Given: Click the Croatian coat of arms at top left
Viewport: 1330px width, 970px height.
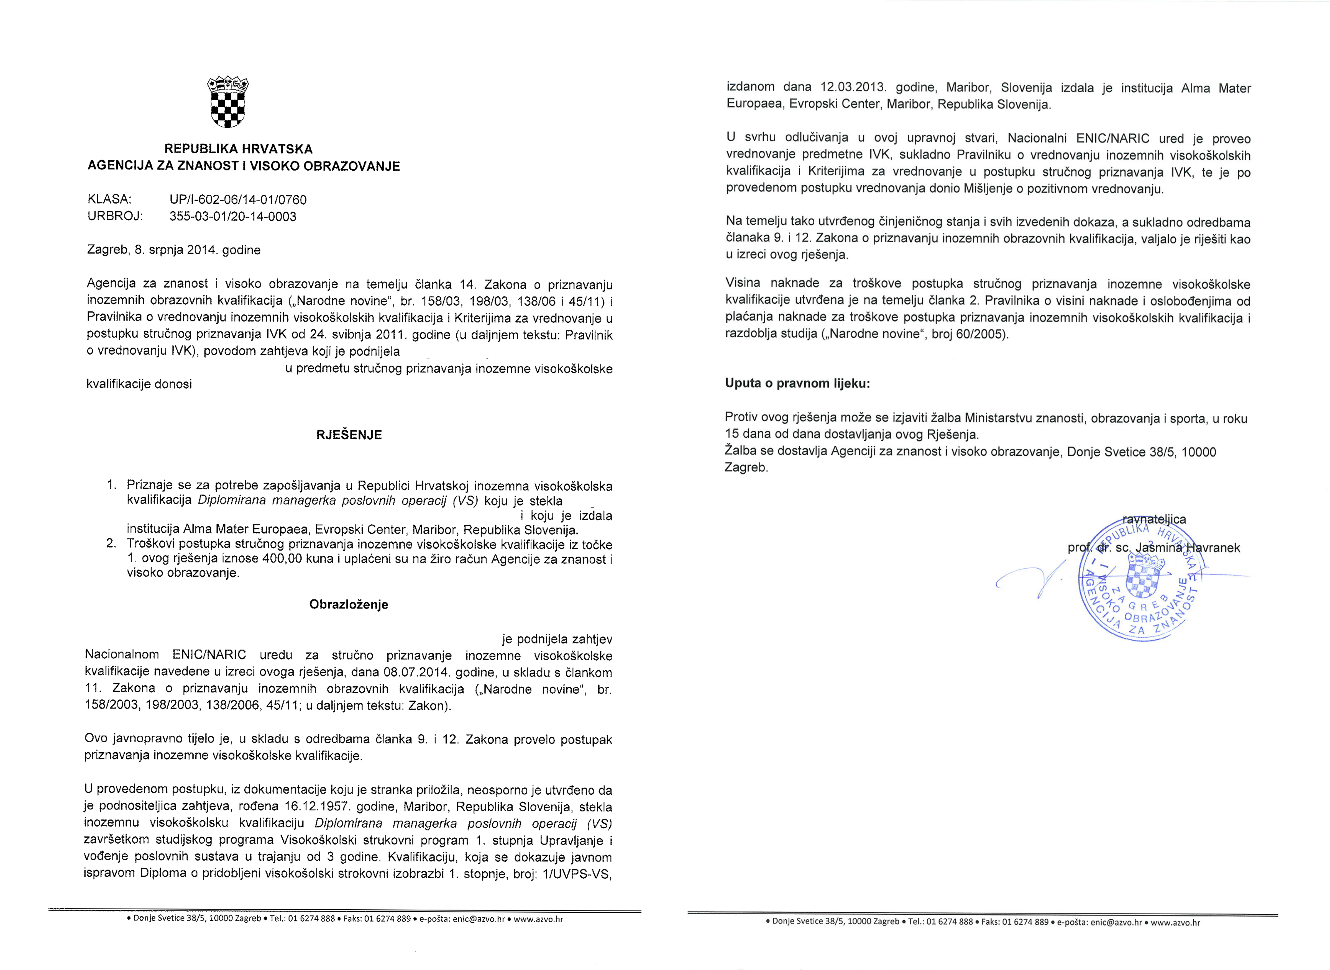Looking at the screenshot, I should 228,102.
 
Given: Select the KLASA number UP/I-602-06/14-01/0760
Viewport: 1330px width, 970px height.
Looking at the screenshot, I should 238,200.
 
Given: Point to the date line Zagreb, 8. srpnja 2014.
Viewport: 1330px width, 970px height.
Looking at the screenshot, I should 174,250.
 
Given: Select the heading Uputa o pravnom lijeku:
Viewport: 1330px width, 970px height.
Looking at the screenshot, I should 797,383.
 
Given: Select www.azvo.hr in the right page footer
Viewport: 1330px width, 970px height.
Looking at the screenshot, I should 1175,922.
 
